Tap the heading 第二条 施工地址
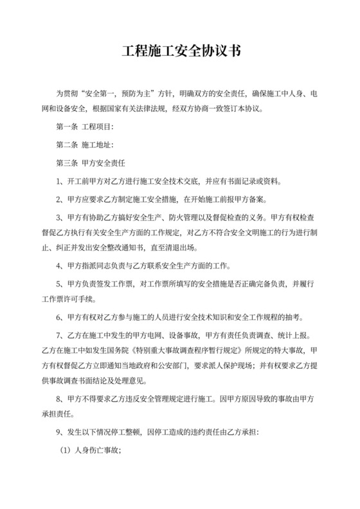pos(85,144)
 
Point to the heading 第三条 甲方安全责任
pos(91,162)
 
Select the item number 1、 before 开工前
pos(62,180)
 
